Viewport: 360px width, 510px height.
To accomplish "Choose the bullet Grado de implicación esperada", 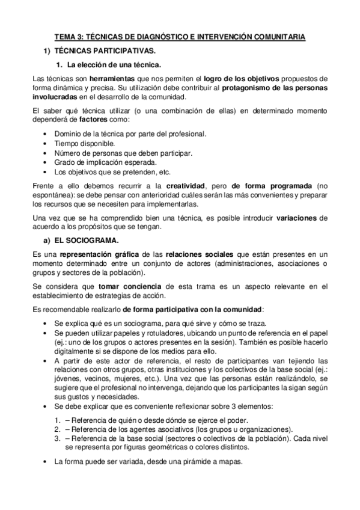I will [x=105, y=162].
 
